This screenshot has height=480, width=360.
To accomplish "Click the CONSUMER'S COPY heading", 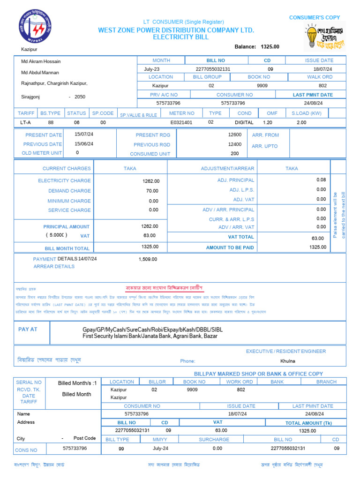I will pos(315,17).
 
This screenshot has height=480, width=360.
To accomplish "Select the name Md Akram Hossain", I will pos(41,61).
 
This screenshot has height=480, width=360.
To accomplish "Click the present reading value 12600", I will pos(235,135).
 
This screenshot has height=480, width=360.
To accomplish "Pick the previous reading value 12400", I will pos(235,144).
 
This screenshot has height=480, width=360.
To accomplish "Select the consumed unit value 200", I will pos(235,154).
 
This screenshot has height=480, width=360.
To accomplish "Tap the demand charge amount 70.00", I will pos(152,191).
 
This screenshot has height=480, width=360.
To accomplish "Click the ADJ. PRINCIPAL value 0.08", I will pos(321,180).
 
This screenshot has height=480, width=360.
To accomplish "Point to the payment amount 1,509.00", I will pos(148,259).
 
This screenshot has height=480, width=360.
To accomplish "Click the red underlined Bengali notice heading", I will pos(164,287).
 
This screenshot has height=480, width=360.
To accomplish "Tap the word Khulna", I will pos(288,361).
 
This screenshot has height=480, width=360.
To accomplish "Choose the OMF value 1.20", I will pos(268,122).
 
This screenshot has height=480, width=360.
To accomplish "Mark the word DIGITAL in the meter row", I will pos(244,122).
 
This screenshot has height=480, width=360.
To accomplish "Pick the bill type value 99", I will pos(121,449).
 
